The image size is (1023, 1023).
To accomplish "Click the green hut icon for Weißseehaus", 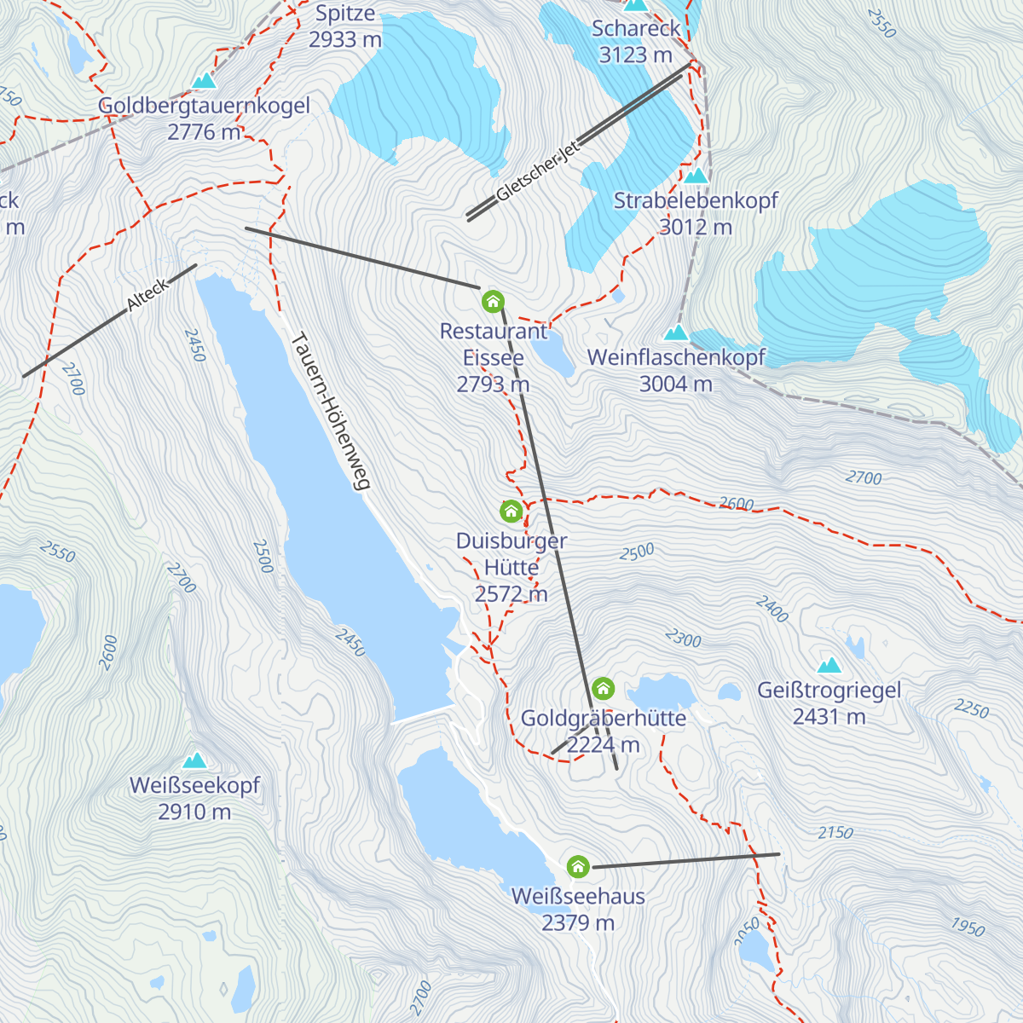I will click(578, 867).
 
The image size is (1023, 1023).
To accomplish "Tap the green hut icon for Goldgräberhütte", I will click(603, 688).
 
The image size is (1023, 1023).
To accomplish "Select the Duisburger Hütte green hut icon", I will click(511, 511).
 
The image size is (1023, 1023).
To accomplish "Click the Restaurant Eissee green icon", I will click(493, 301).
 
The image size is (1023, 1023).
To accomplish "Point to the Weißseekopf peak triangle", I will click(195, 760).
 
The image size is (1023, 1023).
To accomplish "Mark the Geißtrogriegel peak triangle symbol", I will click(829, 666).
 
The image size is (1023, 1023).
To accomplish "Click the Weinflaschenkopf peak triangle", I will click(676, 332).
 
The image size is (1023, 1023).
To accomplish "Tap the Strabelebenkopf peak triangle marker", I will click(696, 176).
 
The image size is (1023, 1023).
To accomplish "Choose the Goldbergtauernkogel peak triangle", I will click(204, 81).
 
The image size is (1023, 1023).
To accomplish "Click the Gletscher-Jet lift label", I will click(538, 170).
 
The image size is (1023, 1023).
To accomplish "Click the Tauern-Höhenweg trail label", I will click(331, 411).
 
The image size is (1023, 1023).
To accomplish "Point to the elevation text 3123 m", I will click(635, 55).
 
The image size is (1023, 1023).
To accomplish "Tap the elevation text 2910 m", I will click(194, 812).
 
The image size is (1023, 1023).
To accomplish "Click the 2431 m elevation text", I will click(829, 718).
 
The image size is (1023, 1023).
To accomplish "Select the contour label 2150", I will click(835, 833).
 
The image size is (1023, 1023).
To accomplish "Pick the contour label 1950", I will click(968, 927).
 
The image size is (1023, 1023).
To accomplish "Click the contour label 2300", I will click(683, 638).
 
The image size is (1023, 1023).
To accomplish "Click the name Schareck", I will click(636, 29).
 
